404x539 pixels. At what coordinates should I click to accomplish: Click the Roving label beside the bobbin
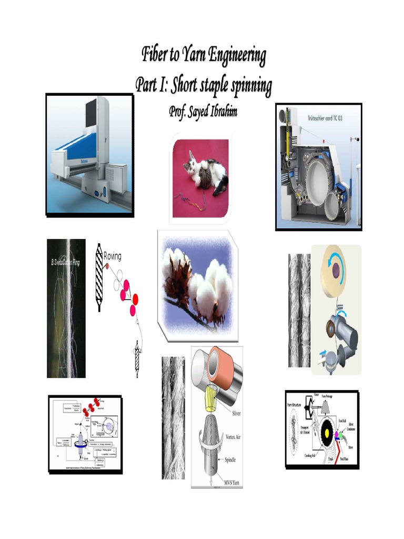pos(112,256)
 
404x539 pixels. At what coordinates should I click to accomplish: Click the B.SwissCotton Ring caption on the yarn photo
pos(66,262)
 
